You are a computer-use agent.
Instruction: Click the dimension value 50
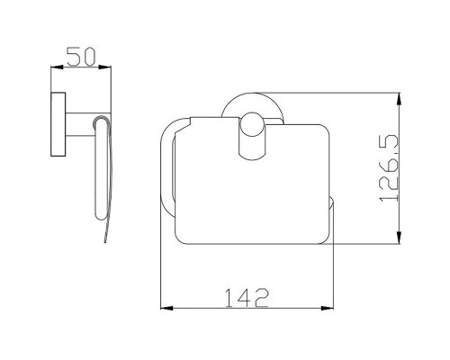81,57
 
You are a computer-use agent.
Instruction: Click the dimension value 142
247,298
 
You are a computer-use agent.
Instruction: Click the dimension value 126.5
389,168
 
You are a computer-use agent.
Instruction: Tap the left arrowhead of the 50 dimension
57,67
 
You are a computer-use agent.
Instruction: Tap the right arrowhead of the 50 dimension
105,67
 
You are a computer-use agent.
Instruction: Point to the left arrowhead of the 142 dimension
167,308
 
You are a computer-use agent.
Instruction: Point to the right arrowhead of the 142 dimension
328,308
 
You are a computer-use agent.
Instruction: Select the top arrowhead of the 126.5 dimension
399,99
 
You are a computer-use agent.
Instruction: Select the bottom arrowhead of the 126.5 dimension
399,238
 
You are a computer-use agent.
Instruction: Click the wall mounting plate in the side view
58,124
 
